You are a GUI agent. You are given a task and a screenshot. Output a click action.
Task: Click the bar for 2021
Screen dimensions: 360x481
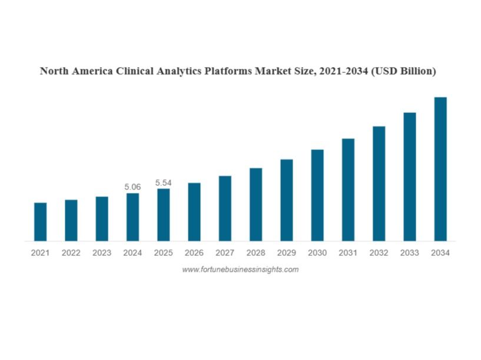(x=40, y=222)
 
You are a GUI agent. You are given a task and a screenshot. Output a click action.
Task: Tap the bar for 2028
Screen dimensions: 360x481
(x=256, y=204)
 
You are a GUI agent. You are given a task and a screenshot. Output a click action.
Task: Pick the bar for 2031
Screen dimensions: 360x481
(x=348, y=189)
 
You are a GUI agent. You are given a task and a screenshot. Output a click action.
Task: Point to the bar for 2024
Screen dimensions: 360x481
(x=132, y=216)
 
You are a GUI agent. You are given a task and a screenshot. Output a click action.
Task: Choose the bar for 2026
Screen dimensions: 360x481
(x=194, y=212)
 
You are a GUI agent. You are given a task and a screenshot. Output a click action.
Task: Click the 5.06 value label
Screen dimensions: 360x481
(x=132, y=187)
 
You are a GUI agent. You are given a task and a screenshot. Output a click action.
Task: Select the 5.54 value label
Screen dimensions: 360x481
(x=163, y=183)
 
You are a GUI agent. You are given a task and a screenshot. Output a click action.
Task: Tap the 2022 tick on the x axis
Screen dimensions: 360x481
(x=71, y=253)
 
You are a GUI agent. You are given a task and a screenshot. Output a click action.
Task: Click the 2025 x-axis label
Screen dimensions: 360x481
(x=163, y=253)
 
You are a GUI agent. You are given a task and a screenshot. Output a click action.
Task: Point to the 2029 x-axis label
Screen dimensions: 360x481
(x=286, y=253)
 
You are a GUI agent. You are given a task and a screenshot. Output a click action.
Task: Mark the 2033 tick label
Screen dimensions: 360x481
(x=410, y=253)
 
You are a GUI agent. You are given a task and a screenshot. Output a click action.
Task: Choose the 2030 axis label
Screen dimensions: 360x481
(x=317, y=253)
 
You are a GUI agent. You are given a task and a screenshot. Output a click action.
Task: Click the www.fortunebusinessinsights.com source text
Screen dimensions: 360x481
(x=240, y=269)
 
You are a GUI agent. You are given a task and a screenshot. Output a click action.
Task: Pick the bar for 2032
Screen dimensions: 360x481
(x=379, y=184)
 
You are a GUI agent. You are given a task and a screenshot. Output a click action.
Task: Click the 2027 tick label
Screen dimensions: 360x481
(x=225, y=253)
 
